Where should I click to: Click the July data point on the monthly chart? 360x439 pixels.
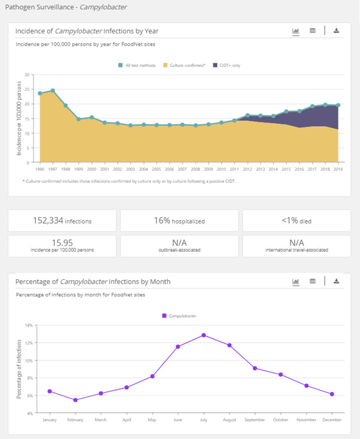pos(204,335)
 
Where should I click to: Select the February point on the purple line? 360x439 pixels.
pos(75,400)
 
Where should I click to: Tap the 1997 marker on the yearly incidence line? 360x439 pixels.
pos(53,90)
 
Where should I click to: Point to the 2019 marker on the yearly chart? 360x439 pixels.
pos(338,105)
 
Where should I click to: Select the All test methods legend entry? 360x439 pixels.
pos(139,65)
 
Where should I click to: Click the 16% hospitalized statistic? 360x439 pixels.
pos(180,221)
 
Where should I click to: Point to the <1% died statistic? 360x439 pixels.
pos(297,221)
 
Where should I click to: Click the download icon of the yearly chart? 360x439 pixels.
pos(336,30)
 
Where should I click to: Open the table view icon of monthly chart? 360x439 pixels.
pos(312,281)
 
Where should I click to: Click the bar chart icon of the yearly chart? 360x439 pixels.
pos(295,30)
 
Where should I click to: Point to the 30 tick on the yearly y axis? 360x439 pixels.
pos(26,74)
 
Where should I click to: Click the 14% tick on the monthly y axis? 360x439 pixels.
pos(28,325)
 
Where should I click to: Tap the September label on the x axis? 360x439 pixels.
pos(254,419)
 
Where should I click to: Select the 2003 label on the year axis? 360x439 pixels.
pos(131,169)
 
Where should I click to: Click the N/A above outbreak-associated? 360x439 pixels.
pos(180,242)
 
